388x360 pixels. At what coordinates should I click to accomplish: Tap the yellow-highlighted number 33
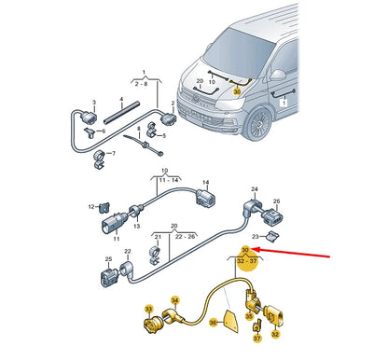pyautogui.click(x=147, y=309)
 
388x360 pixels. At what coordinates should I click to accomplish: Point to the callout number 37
pyautogui.click(x=256, y=339)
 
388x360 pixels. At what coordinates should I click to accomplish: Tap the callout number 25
pyautogui.click(x=109, y=261)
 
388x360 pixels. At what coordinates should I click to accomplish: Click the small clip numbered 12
pyautogui.click(x=104, y=205)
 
